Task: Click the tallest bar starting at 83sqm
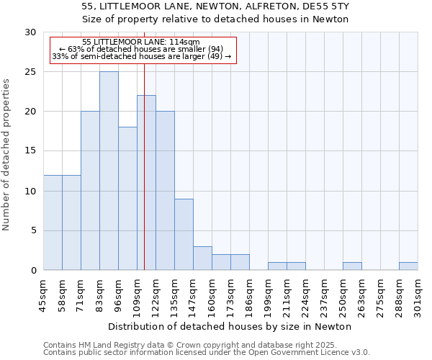coord(109,171)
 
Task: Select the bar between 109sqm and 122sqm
coord(146,183)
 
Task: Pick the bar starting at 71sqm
coord(90,191)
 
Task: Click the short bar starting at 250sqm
coord(352,266)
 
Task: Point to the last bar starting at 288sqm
coord(408,266)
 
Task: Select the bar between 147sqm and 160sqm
coord(202,258)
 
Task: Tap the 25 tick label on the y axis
coord(30,72)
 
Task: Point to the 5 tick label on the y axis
coord(33,230)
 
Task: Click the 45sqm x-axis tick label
coord(44,293)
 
